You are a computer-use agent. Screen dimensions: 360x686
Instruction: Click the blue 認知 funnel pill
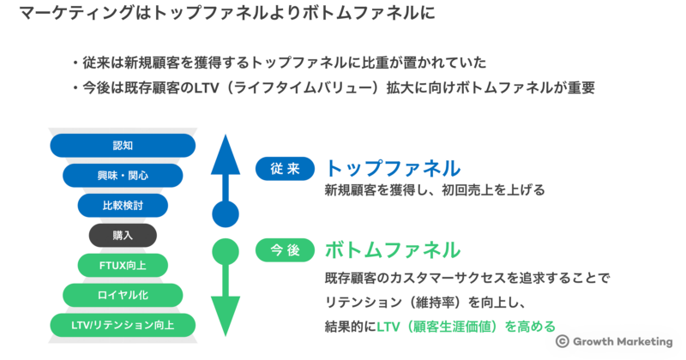(x=123, y=146)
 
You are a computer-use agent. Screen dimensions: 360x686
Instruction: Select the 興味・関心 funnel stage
(x=123, y=176)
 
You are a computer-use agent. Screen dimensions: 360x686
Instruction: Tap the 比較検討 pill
(x=123, y=206)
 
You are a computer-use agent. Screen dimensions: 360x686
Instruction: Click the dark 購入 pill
(x=123, y=235)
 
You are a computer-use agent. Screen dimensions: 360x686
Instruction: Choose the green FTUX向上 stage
(x=123, y=265)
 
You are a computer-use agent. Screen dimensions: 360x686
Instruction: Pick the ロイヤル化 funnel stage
(x=123, y=295)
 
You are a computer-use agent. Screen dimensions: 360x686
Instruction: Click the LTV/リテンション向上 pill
(x=123, y=325)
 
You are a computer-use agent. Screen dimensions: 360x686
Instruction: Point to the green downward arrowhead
(x=225, y=317)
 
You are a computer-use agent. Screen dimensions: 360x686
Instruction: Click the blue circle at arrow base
(x=225, y=213)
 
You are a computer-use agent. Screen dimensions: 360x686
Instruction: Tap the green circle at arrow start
(x=225, y=251)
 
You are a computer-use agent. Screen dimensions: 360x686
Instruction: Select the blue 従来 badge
(x=285, y=169)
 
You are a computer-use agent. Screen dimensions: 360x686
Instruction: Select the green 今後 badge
(x=285, y=250)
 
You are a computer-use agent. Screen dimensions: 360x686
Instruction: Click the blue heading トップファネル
(x=392, y=167)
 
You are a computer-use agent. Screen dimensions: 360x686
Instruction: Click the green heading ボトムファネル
(x=392, y=249)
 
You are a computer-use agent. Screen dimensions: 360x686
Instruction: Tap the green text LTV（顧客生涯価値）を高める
(x=466, y=326)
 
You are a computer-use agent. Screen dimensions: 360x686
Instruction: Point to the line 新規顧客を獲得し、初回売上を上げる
(x=434, y=190)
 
